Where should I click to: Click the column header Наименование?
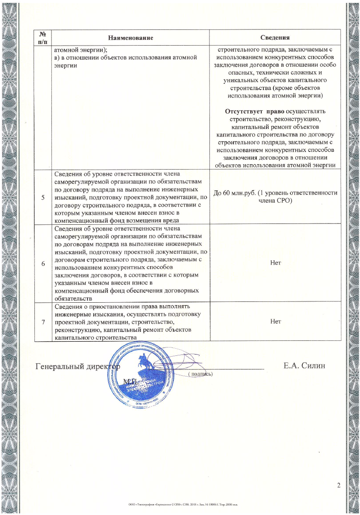(x=131, y=38)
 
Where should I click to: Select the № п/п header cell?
(x=43, y=38)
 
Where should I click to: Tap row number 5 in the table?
(x=43, y=197)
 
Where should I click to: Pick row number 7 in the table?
(x=43, y=322)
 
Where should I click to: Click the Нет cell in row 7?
(x=275, y=321)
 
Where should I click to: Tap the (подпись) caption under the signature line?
(x=200, y=374)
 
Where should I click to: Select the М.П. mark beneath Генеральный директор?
(x=132, y=381)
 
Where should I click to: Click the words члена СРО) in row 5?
(x=275, y=201)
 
